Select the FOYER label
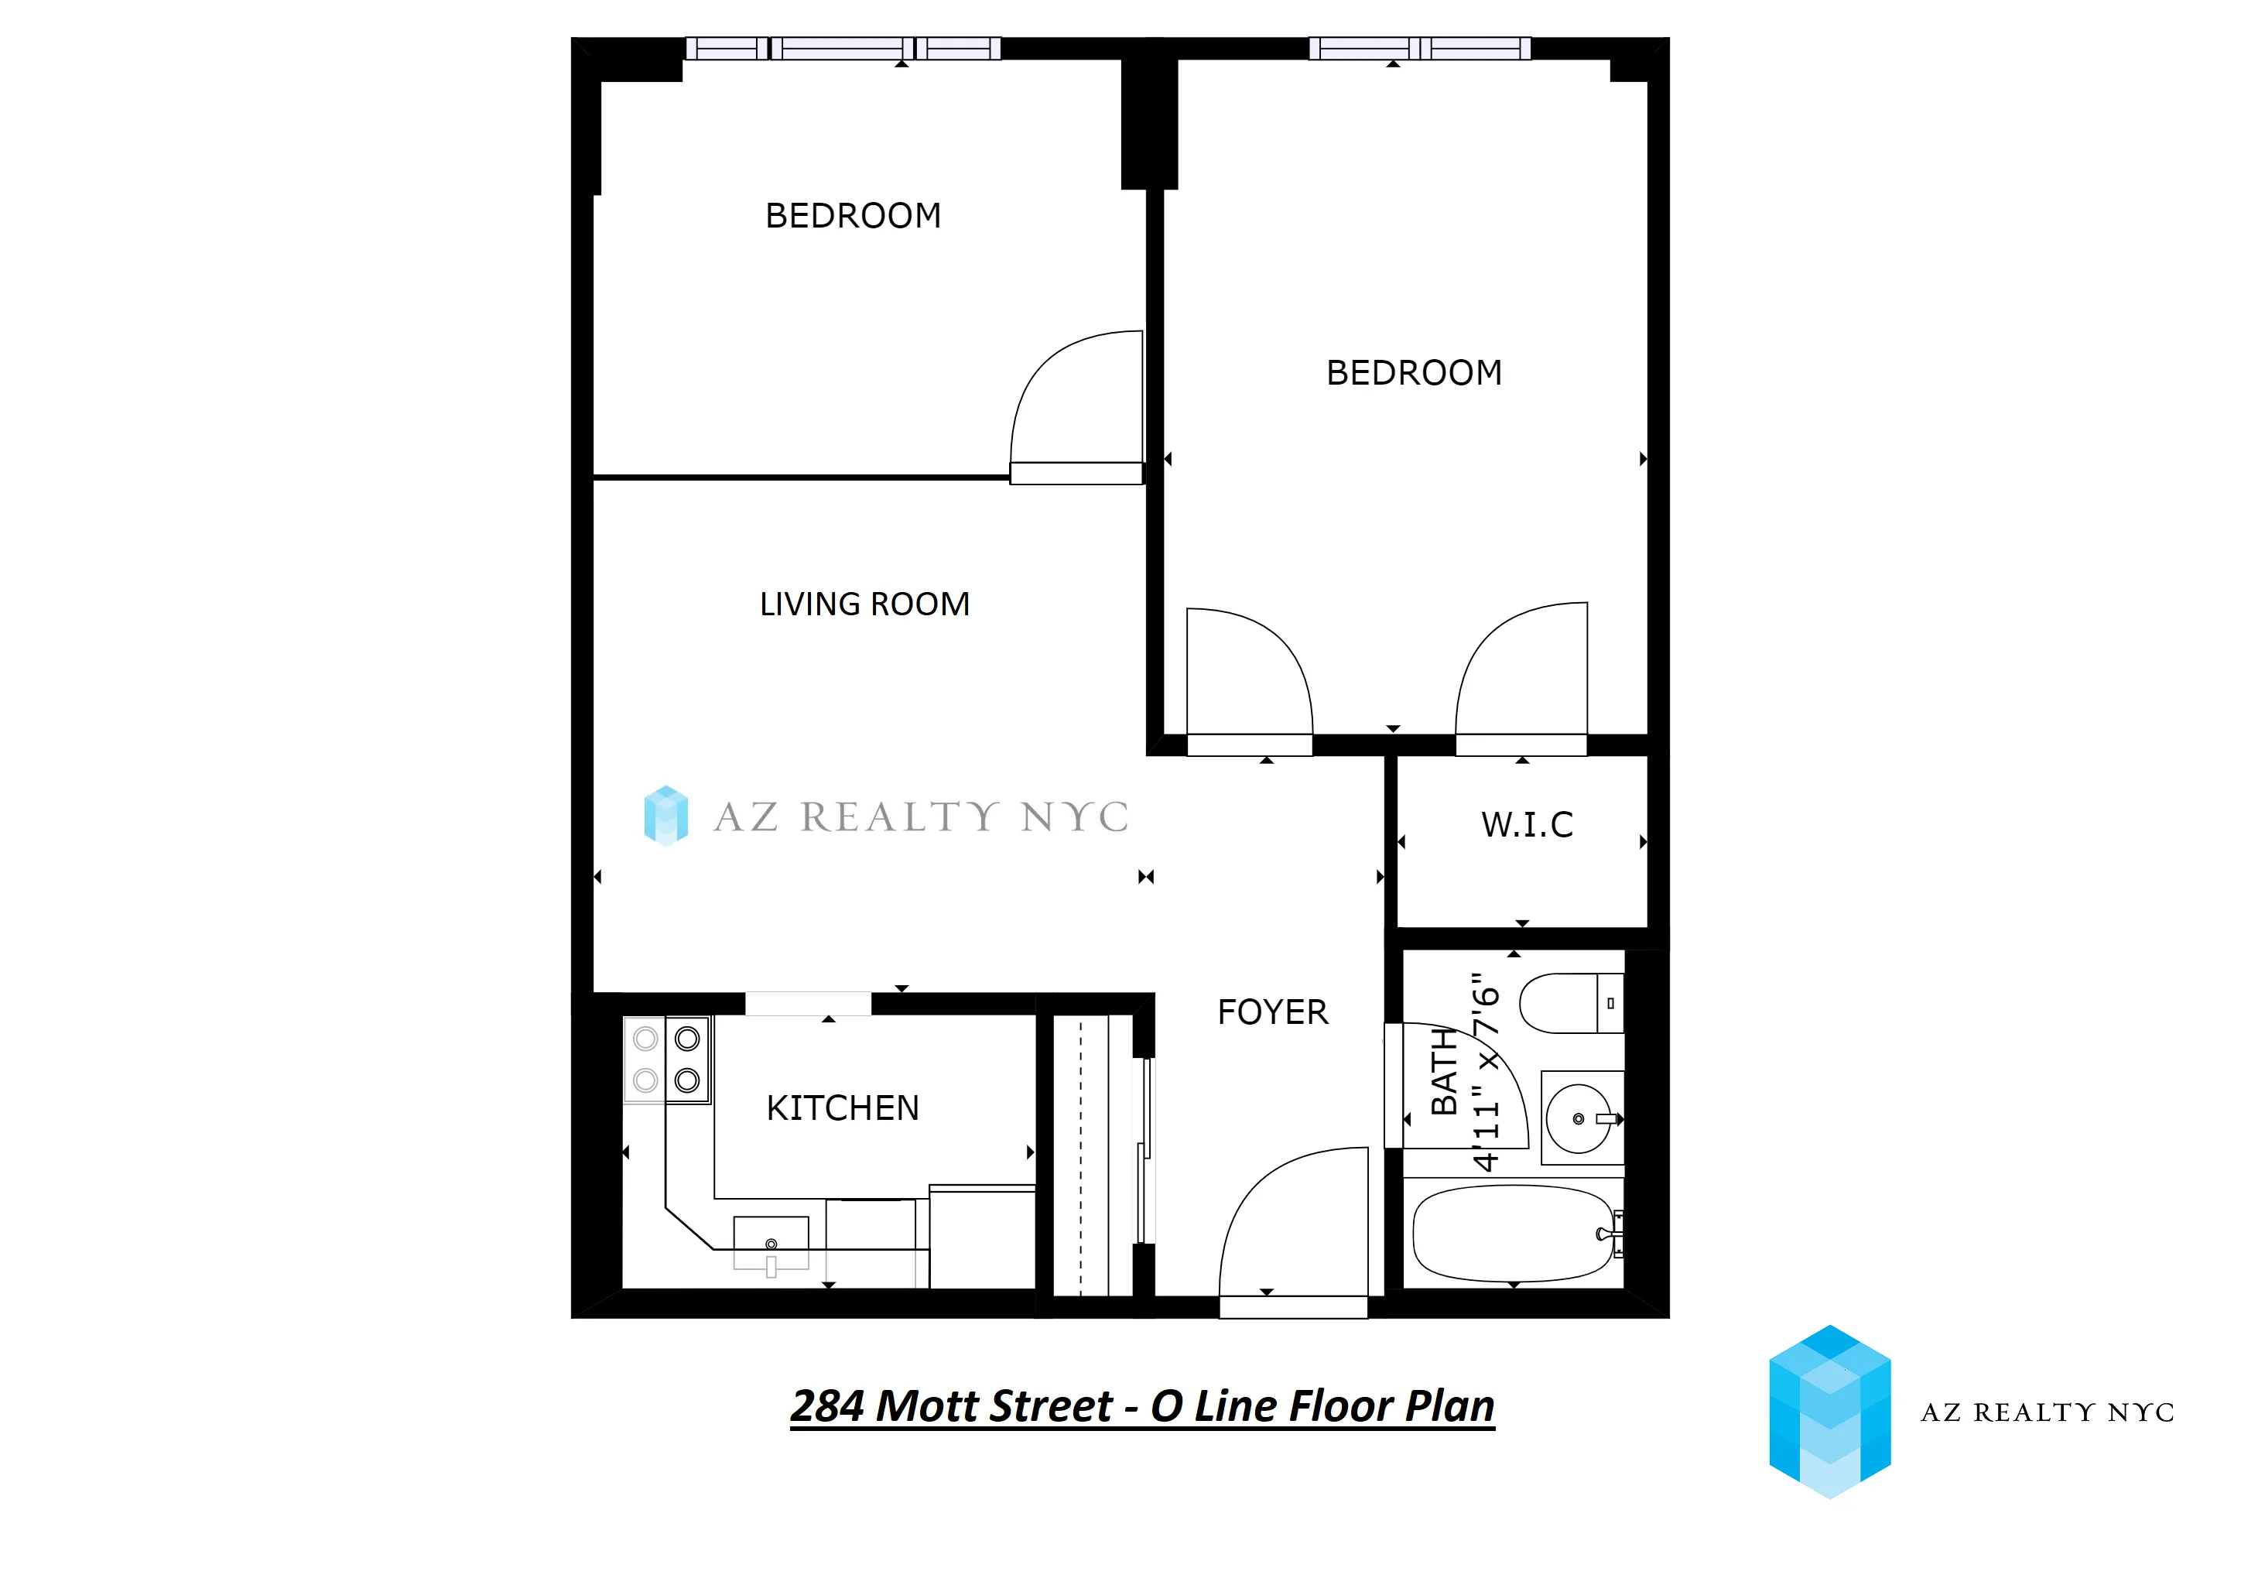click(1272, 1012)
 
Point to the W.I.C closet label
click(1527, 825)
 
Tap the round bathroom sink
click(1579, 1118)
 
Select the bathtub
click(1512, 1234)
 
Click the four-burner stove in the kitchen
click(666, 1060)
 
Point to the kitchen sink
click(771, 1241)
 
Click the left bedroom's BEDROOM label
click(853, 216)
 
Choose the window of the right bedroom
click(1419, 48)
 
